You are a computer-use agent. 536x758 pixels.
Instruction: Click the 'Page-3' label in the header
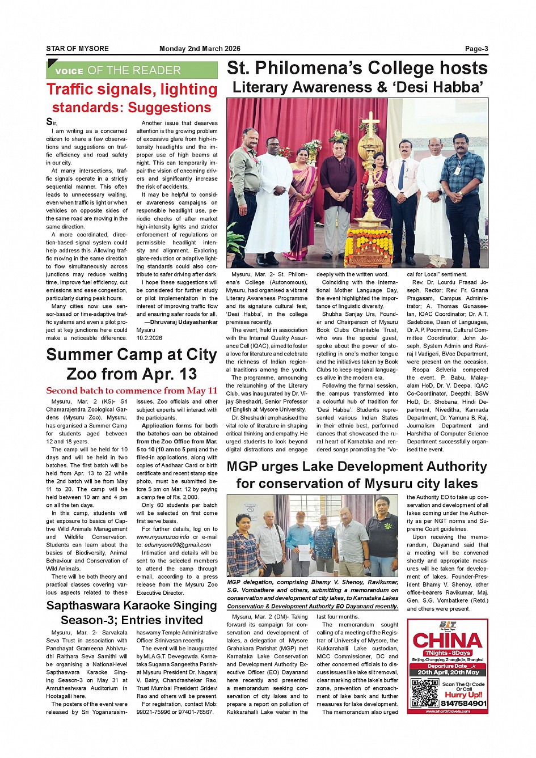click(x=476, y=49)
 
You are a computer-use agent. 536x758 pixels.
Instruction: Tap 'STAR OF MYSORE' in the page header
click(x=77, y=49)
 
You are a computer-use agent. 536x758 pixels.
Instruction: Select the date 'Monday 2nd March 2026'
click(x=200, y=49)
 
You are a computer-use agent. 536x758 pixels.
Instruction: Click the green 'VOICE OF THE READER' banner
click(x=132, y=70)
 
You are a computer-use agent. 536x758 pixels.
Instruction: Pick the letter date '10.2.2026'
click(x=149, y=338)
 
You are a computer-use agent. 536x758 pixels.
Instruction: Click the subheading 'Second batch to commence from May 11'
click(x=132, y=391)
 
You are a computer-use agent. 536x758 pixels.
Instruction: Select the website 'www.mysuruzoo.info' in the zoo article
click(x=163, y=537)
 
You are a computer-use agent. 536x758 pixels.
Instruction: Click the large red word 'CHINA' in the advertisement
click(x=448, y=641)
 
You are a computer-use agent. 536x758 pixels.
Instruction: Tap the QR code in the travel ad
click(x=425, y=692)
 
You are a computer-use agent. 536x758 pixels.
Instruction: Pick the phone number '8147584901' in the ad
click(x=463, y=704)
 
